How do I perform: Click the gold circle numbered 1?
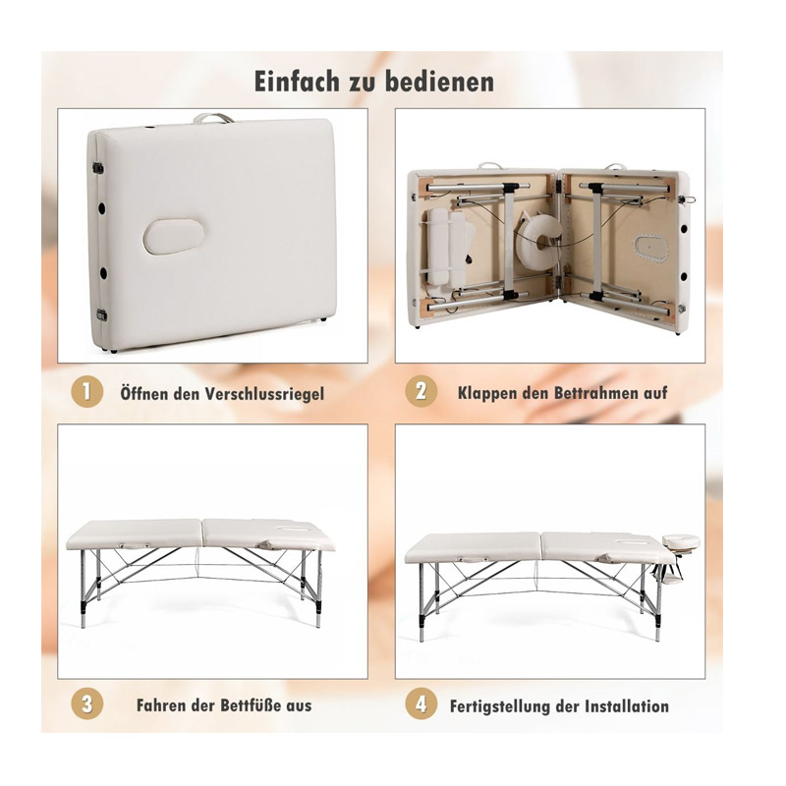pyautogui.click(x=86, y=391)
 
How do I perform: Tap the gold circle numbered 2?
pyautogui.click(x=421, y=391)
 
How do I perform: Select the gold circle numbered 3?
pyautogui.click(x=86, y=703)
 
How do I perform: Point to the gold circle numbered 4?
pyautogui.click(x=421, y=703)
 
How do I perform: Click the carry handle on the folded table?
pyautogui.click(x=213, y=118)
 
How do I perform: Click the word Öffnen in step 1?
pyautogui.click(x=144, y=393)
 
